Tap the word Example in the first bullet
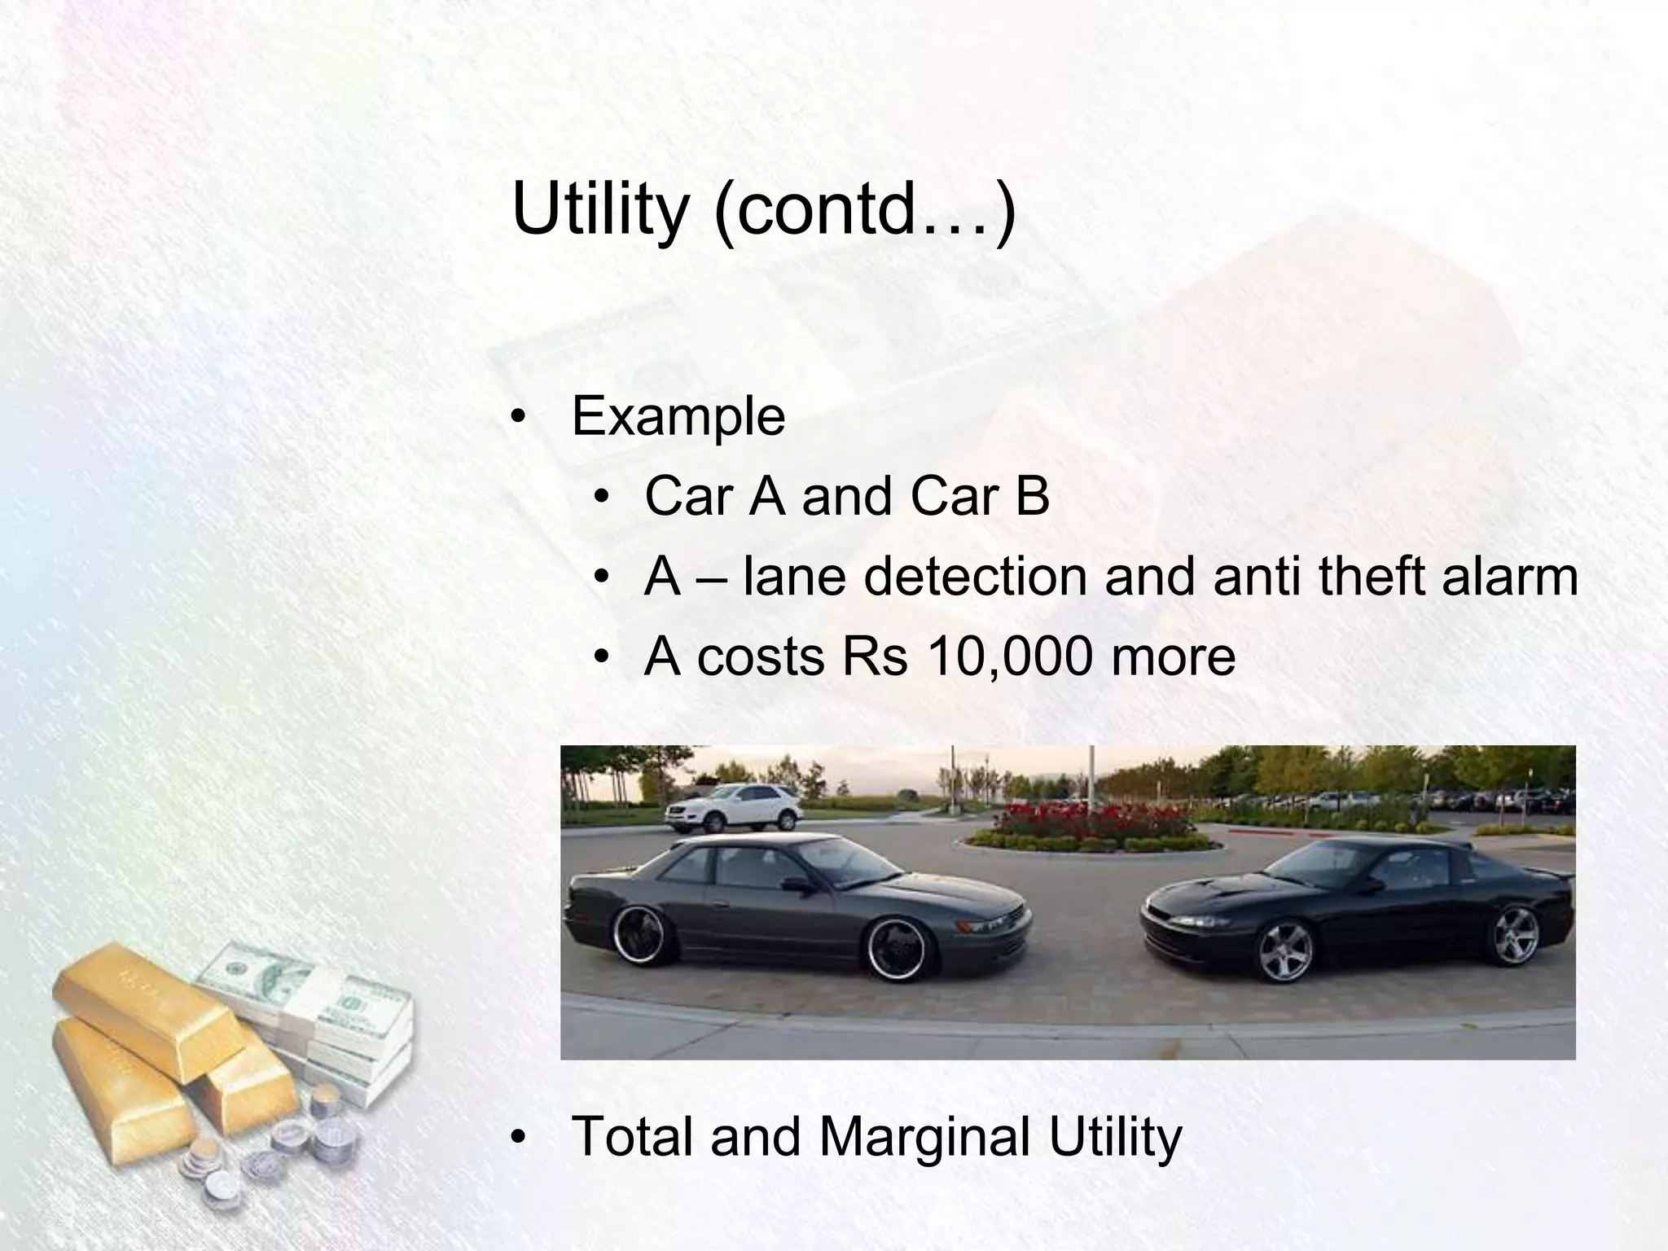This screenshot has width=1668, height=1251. pos(678,417)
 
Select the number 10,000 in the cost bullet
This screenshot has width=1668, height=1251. pos(1009,656)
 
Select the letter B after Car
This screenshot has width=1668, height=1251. pos(1032,496)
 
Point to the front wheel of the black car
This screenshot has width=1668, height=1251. pos(1284,952)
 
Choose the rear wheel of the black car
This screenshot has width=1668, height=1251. pos(1515,934)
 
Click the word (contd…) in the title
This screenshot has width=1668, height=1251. pos(864,210)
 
